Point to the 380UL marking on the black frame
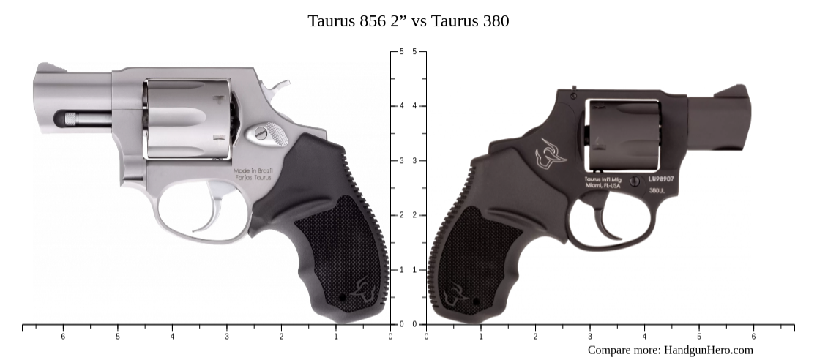[x=657, y=190]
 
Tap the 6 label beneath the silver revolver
[x=63, y=337]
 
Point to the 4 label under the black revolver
[x=644, y=337]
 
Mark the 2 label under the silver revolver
[x=281, y=337]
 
